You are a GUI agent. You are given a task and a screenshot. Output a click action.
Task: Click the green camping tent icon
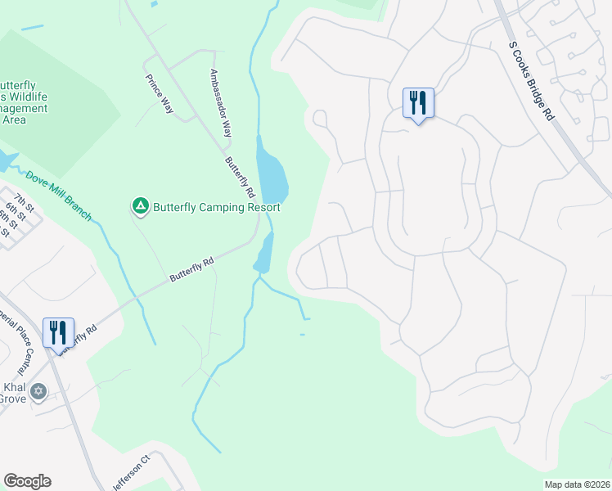coord(140,206)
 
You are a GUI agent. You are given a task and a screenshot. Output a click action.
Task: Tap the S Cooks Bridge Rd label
coord(531,81)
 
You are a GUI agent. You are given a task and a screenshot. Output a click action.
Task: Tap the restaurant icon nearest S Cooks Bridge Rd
coord(418,103)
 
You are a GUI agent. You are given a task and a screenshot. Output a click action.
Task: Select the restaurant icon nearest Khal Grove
coord(57,333)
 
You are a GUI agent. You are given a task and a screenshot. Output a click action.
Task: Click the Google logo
coord(27,481)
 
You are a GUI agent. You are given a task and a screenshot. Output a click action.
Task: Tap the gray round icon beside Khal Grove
coord(38,392)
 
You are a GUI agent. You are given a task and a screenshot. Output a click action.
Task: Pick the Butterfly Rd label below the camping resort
coord(192,269)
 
